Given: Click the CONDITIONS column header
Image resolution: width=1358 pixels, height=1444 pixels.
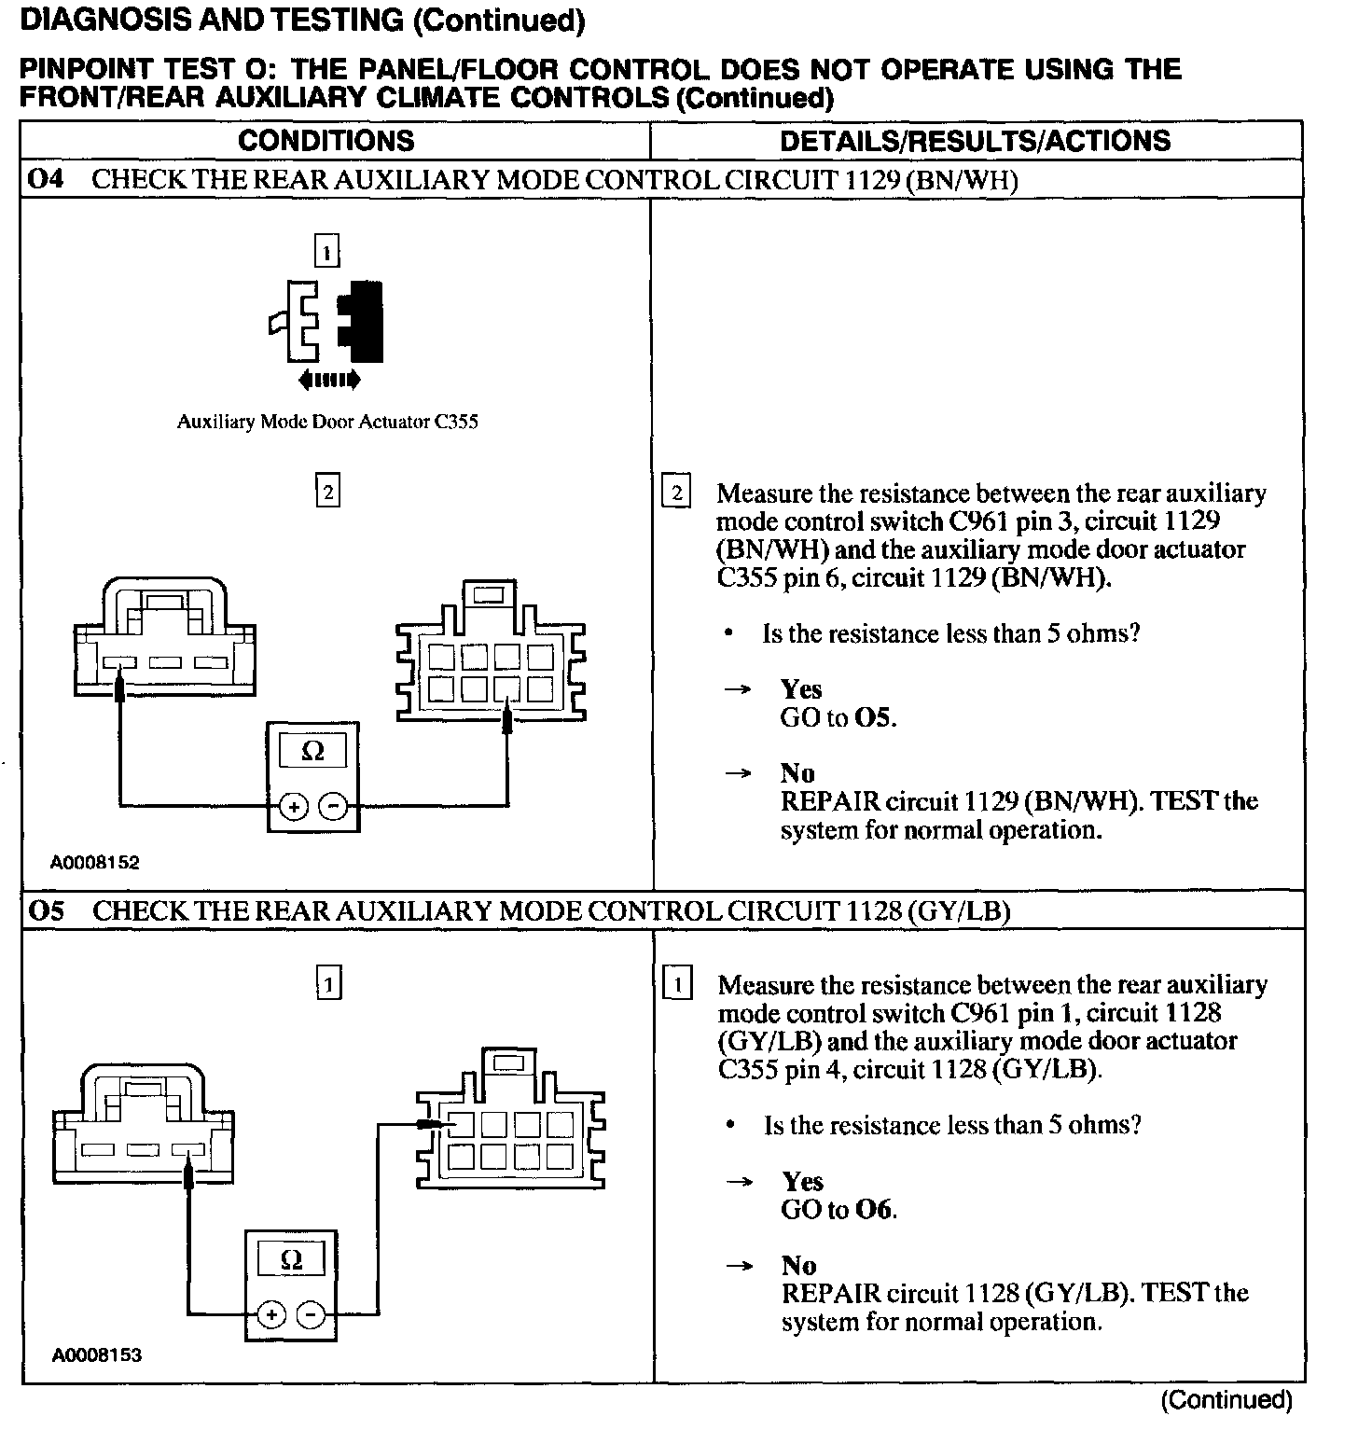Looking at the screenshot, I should pos(326,141).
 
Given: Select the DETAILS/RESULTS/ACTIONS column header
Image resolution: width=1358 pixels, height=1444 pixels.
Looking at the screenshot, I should pos(975,141).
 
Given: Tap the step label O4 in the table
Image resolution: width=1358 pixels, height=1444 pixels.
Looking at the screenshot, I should pos(45,179).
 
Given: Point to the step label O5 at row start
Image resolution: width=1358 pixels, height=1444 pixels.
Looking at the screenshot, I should pos(46,910).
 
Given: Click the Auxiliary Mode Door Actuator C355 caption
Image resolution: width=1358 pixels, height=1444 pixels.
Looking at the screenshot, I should pos(327,422).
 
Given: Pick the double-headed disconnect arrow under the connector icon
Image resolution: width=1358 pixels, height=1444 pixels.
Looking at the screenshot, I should pos(327,380).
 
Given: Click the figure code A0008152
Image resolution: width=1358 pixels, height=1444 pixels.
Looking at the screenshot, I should pos(95,863).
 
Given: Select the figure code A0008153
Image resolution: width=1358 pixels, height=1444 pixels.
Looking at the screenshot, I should pos(96,1355).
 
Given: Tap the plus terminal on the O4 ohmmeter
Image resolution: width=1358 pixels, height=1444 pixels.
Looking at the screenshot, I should pos(293,807).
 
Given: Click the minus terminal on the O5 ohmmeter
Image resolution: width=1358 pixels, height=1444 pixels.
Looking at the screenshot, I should pos(311,1316).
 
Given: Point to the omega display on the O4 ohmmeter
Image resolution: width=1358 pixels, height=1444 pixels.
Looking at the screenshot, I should pos(313,751).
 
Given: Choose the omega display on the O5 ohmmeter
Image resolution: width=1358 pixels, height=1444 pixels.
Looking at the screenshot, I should pos(291,1260).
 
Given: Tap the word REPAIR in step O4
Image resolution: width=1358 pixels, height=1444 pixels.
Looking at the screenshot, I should pos(829,801).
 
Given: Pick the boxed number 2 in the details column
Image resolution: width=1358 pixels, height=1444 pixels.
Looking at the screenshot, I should pos(675,493).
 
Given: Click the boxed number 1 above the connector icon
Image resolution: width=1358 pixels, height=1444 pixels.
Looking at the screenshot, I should pos(326,252).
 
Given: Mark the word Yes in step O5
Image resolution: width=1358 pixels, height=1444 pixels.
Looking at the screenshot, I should pos(802,1182).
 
